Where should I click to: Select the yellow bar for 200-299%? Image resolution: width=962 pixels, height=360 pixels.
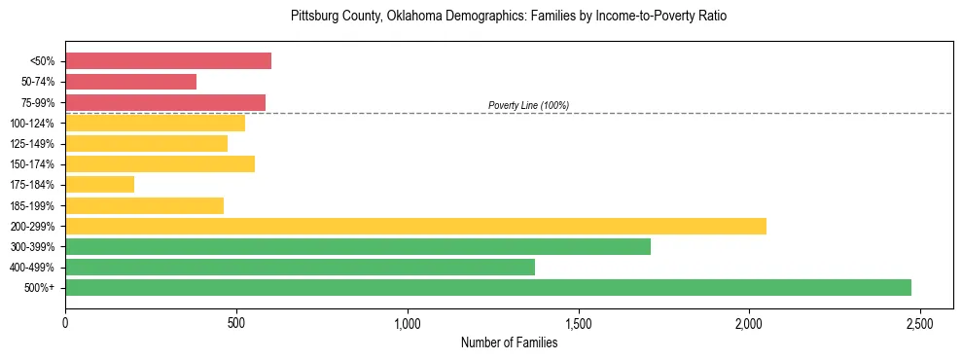[415, 226]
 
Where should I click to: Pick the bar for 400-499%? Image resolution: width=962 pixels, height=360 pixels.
[300, 267]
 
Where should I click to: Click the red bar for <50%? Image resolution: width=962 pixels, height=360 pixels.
[168, 61]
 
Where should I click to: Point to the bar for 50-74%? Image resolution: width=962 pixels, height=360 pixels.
[130, 82]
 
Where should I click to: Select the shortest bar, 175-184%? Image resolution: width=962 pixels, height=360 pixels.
[99, 185]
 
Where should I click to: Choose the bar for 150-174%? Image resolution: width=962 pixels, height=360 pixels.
[160, 163]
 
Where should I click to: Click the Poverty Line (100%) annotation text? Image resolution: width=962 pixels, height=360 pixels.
[528, 105]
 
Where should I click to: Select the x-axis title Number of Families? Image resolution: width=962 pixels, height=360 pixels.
[509, 342]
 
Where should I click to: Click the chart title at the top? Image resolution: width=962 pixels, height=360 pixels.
[509, 17]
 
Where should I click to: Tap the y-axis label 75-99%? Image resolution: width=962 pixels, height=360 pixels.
[37, 102]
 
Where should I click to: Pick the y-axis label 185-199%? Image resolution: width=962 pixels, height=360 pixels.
[33, 205]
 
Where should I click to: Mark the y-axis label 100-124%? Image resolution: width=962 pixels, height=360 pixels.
[33, 123]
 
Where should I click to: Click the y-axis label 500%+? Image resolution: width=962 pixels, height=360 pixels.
[40, 287]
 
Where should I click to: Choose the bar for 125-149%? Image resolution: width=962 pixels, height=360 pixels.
[146, 143]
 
